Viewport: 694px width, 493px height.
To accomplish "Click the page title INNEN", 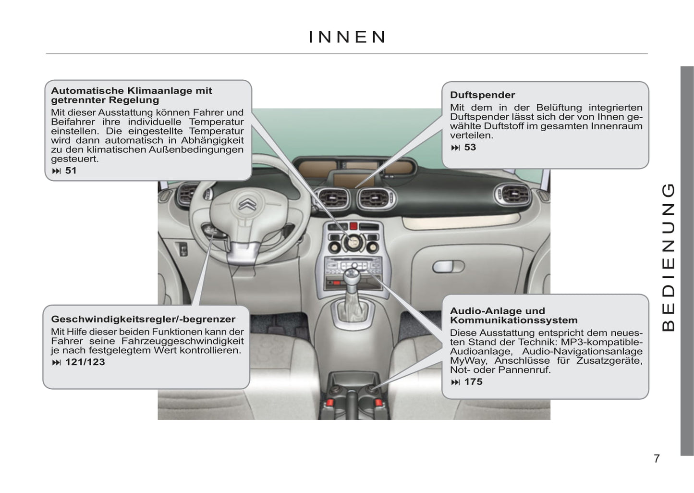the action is click(347, 37).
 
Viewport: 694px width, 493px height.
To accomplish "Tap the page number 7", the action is click(657, 458).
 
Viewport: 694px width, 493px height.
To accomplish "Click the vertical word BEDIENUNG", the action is click(669, 258).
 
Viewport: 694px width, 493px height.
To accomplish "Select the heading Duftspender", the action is click(482, 95).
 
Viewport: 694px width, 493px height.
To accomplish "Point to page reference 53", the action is click(470, 148).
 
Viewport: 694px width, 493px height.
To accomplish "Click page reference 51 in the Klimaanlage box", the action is click(71, 171).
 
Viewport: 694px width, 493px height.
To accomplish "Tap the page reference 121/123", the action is click(85, 362).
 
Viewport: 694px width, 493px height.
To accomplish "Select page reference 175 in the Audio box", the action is click(473, 382).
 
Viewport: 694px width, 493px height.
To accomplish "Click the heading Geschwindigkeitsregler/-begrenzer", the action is click(143, 319).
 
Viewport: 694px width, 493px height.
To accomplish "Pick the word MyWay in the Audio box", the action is click(467, 361).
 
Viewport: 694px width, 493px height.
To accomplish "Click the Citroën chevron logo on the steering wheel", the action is click(247, 203).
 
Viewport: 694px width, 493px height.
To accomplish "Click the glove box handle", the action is click(448, 267).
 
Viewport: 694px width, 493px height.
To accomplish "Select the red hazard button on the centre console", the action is click(353, 226).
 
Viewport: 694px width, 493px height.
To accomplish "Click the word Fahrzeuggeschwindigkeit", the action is click(183, 341).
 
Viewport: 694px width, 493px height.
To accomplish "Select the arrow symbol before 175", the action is click(455, 382).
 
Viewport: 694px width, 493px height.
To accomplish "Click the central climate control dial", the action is click(353, 243).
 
